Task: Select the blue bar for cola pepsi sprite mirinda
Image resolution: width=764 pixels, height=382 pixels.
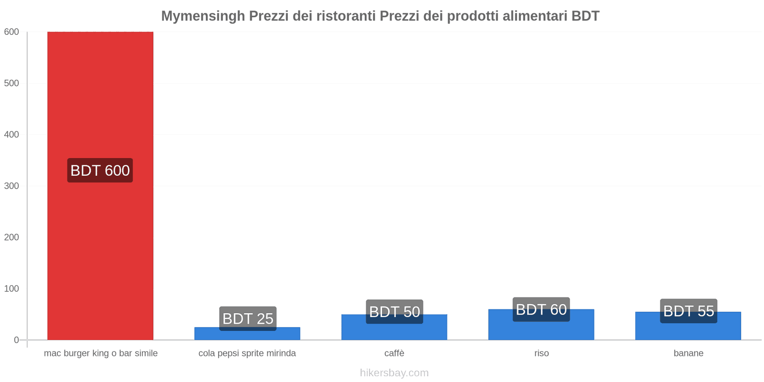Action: point(247,335)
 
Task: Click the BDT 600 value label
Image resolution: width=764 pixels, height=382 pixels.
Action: point(100,170)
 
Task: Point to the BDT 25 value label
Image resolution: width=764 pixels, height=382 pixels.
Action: point(248,318)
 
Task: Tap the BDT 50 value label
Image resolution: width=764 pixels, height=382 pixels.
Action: point(394,312)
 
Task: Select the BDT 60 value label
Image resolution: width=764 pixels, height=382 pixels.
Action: point(541,309)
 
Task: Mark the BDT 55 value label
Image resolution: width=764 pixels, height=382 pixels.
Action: point(689,311)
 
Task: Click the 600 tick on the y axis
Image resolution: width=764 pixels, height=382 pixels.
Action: point(11,32)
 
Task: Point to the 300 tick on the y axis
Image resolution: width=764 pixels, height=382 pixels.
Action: point(11,186)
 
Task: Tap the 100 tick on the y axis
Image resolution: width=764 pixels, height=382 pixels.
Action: point(11,289)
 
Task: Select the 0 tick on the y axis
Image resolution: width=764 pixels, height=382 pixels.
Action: point(16,340)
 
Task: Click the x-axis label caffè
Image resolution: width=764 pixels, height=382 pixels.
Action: point(394,353)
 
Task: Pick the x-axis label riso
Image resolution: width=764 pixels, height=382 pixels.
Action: point(541,353)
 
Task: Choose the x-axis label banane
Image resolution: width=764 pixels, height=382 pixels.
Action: point(688,353)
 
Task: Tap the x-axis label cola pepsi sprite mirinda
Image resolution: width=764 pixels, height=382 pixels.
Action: point(247,353)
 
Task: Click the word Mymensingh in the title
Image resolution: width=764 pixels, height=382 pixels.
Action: point(203,16)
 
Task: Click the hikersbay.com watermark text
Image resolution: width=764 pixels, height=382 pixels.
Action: point(394,373)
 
